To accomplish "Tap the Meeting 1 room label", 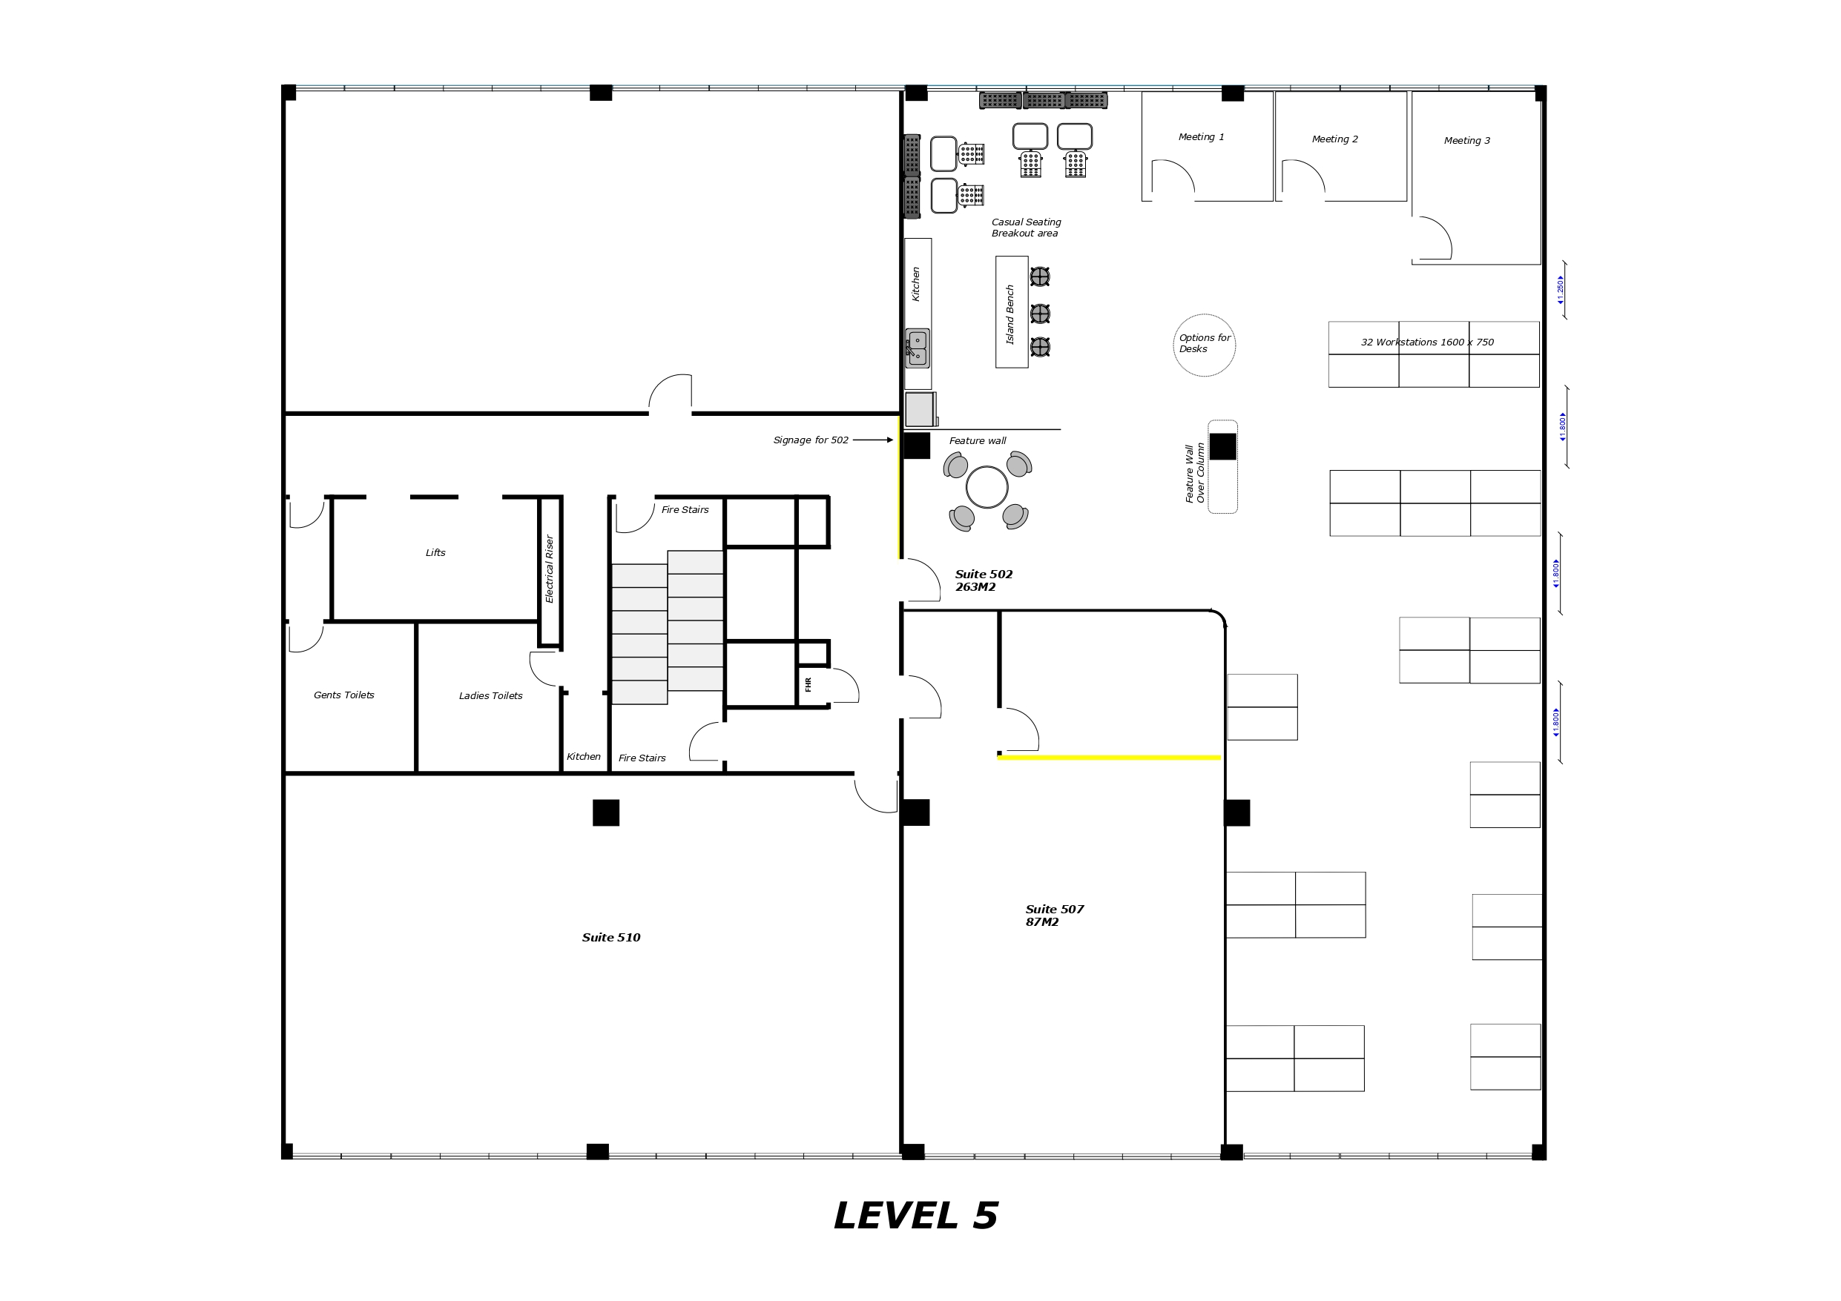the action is point(1201,137).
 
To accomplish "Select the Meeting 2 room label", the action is point(1335,139).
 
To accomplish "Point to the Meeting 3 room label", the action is point(1467,141).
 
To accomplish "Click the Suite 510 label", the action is point(611,937).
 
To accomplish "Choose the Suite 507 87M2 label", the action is point(1055,916).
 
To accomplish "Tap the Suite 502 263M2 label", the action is point(984,580).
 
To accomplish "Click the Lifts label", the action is point(435,552).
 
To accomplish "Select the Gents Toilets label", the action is point(344,695).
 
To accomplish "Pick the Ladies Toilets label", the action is point(491,696).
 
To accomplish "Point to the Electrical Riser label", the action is point(549,569).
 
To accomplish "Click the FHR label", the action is point(808,684).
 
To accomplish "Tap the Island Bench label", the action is point(1010,314).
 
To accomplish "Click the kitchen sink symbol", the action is point(918,348).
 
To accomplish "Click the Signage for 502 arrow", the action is point(873,440).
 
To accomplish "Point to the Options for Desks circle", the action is point(1205,314).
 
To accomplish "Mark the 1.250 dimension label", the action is point(1561,290).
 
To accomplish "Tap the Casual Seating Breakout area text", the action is point(1027,228).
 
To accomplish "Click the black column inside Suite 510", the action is point(606,812).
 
